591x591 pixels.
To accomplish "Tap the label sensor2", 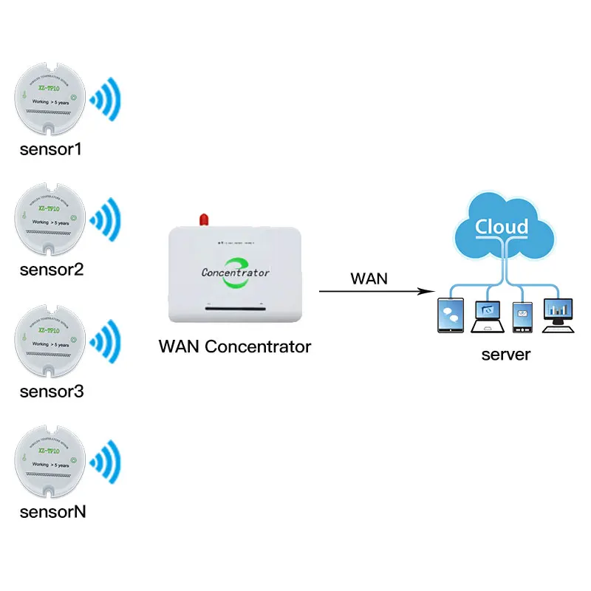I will click(52, 270).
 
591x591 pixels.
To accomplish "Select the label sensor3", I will click(52, 391).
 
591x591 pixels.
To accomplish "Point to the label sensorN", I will click(52, 511).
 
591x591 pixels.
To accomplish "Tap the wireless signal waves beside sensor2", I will click(105, 219).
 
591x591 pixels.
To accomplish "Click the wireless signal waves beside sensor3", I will click(105, 341).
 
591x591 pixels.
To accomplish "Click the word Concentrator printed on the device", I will click(236, 272).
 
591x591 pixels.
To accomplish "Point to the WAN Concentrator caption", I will click(235, 346).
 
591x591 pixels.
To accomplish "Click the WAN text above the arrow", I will click(369, 279).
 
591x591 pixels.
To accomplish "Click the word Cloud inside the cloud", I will click(502, 226).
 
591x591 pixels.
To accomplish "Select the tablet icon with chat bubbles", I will click(450, 315).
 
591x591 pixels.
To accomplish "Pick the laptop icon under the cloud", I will click(488, 316).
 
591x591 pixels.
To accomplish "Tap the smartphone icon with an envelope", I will click(523, 317).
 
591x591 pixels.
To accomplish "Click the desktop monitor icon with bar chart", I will click(558, 313).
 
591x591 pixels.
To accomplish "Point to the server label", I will click(505, 355).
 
